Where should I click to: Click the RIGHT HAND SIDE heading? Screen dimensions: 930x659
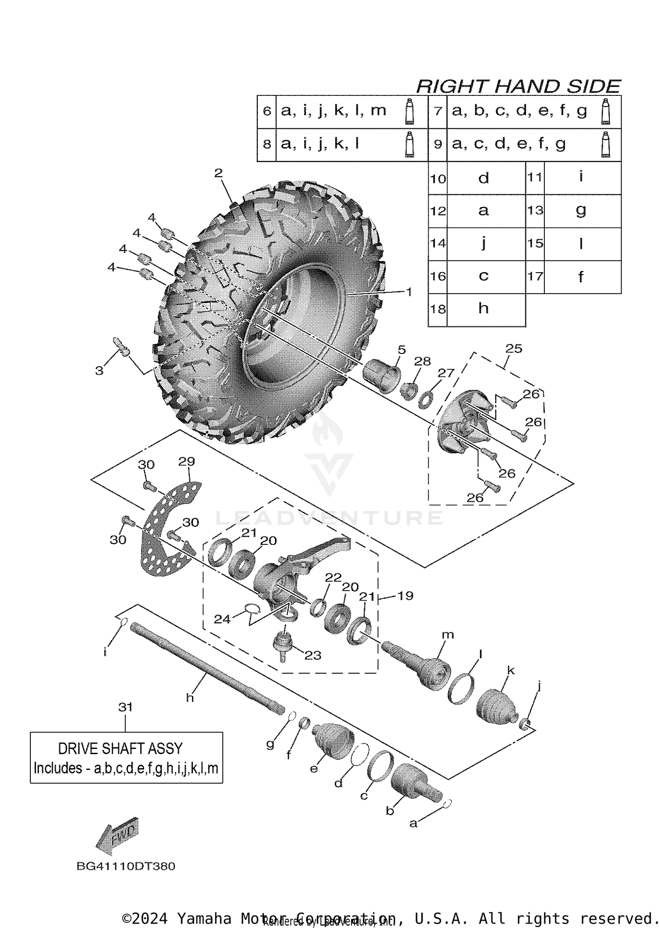coord(518,86)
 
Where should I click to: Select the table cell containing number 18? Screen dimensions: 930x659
coord(438,310)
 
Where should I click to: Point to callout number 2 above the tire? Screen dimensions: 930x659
coord(218,173)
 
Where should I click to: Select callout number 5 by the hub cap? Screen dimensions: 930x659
coord(402,350)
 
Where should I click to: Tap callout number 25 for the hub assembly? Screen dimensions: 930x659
coord(514,349)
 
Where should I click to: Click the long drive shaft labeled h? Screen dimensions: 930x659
coord(206,673)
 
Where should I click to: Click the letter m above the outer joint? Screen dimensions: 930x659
coord(448,635)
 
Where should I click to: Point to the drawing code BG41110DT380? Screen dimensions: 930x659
coord(126,866)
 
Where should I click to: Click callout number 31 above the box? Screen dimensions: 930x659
coord(125,707)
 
